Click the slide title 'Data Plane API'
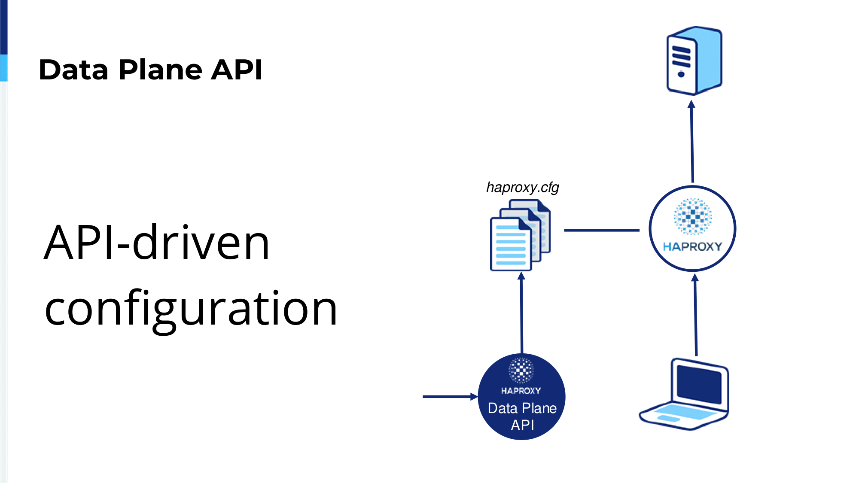click(150, 70)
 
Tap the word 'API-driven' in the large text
click(157, 243)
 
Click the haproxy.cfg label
click(522, 188)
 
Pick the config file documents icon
click(521, 235)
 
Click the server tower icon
click(694, 61)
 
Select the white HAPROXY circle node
click(692, 228)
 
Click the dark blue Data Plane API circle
click(522, 396)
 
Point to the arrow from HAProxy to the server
click(692, 141)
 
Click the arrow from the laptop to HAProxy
click(695, 315)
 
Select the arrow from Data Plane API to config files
click(521, 313)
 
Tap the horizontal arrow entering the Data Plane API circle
click(451, 397)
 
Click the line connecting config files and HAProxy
click(602, 230)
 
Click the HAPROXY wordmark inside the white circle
click(692, 246)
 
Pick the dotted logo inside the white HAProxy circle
click(692, 216)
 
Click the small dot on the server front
click(681, 74)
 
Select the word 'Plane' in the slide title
click(160, 70)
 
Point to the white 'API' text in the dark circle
click(522, 425)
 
